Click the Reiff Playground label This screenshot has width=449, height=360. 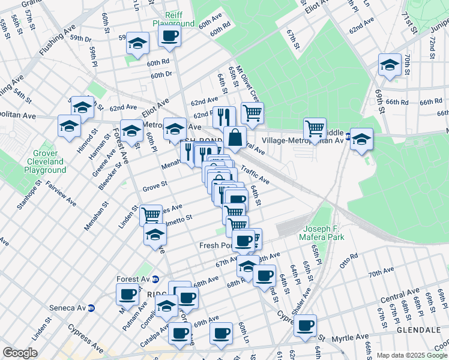click(x=173, y=19)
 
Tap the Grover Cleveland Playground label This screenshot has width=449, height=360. click(x=45, y=161)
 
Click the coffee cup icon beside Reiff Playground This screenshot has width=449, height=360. click(x=169, y=35)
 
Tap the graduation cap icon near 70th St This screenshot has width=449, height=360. click(x=390, y=65)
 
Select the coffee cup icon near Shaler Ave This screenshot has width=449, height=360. click(x=306, y=326)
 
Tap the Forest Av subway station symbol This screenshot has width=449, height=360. click(x=155, y=279)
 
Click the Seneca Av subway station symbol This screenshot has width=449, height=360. click(x=91, y=308)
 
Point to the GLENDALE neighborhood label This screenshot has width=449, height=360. click(x=418, y=330)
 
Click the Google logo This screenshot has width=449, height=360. click(x=20, y=353)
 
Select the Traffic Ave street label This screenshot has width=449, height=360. click(x=255, y=175)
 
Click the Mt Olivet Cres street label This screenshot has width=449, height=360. click(x=247, y=84)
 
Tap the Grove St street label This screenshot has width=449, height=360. click(x=154, y=188)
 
